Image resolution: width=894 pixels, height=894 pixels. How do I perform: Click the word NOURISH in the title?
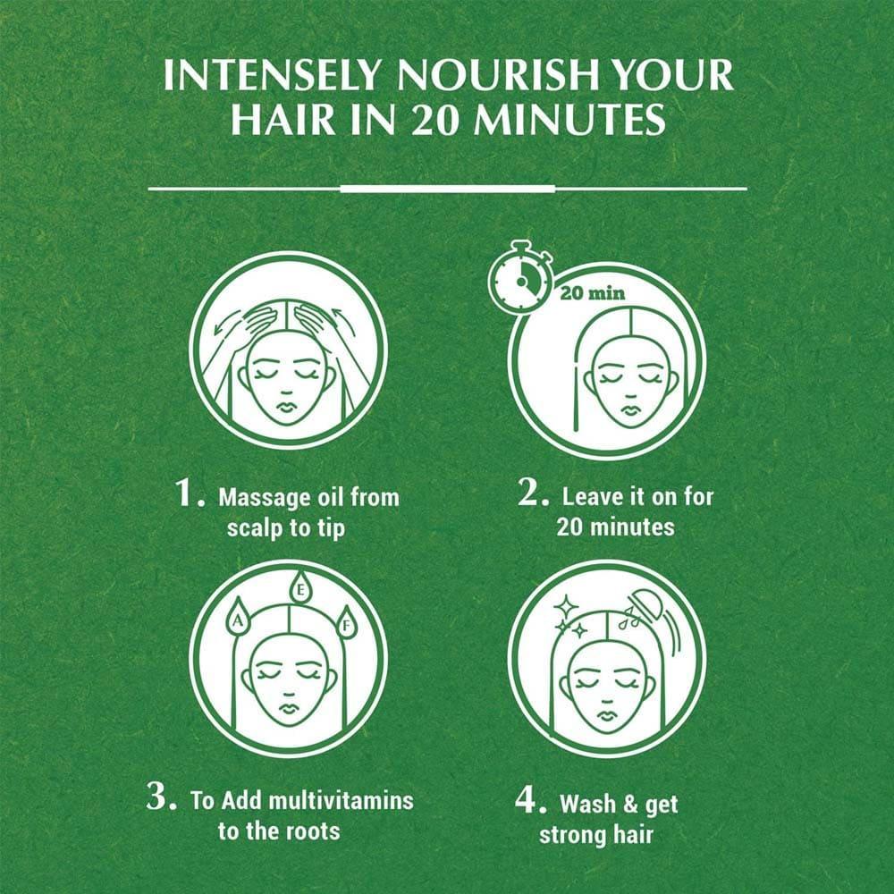(489, 75)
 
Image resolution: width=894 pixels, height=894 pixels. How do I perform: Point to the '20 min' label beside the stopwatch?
(593, 293)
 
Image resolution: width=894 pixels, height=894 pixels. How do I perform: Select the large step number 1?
(190, 492)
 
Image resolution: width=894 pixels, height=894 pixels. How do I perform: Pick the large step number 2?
(533, 492)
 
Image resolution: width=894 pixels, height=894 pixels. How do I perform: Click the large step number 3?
(161, 796)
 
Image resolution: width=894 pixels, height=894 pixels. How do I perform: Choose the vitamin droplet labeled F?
(345, 621)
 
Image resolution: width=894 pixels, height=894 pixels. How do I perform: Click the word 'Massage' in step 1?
(264, 498)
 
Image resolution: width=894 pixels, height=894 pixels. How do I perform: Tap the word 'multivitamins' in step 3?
(341, 800)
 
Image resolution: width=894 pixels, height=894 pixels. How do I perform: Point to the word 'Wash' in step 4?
(588, 804)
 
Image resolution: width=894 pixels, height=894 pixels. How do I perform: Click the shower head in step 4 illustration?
(645, 604)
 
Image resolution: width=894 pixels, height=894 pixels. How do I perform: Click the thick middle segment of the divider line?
(448, 188)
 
